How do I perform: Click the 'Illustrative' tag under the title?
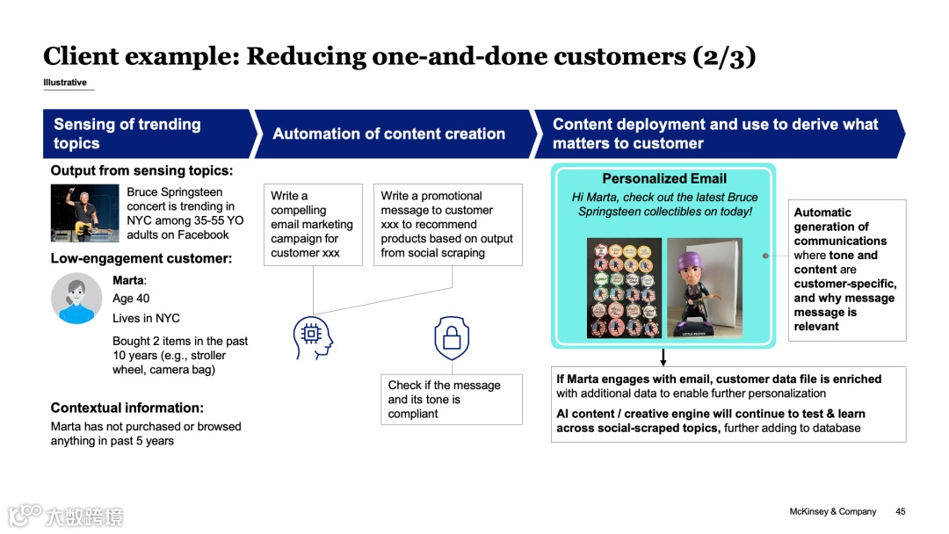[65, 83]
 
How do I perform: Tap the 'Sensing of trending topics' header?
[127, 133]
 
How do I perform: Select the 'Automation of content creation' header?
[388, 133]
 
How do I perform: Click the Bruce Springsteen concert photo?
[84, 213]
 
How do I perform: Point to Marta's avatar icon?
[76, 298]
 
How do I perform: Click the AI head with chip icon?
[313, 337]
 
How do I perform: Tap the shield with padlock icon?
[452, 338]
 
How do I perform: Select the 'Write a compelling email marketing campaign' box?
[313, 224]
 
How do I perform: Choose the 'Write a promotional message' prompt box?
[447, 224]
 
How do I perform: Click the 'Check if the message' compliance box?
[451, 400]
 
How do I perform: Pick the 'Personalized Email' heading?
[663, 178]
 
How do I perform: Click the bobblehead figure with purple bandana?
[704, 287]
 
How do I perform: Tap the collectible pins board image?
[624, 288]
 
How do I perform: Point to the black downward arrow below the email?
[663, 357]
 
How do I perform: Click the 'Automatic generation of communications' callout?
[847, 269]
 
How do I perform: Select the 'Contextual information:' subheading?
[127, 408]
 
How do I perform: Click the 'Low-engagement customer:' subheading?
[141, 259]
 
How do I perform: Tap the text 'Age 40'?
[131, 299]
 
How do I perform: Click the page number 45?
[901, 511]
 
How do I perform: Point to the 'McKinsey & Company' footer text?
[832, 511]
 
